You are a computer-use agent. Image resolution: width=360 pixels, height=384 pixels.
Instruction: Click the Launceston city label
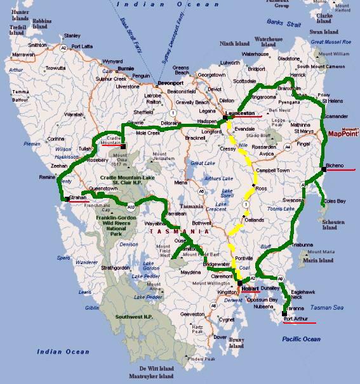242,112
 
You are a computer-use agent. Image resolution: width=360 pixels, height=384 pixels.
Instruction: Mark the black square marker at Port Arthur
283,312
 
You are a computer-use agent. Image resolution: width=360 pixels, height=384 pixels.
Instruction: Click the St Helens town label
333,100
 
